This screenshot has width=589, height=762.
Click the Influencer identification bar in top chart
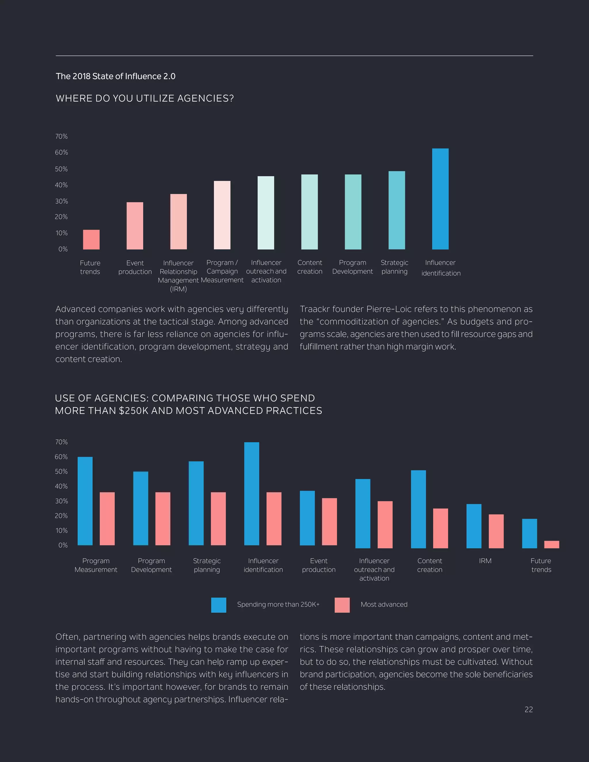coord(440,199)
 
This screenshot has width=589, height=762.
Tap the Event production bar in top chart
coord(135,226)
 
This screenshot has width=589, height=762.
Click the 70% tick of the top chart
coord(62,136)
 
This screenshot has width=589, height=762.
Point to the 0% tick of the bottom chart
coord(63,545)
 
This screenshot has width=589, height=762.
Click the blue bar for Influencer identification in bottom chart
coord(252,493)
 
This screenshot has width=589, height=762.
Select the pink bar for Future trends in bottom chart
coord(551,544)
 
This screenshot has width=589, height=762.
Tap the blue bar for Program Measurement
coord(85,501)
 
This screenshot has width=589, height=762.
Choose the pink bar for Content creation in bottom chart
coord(440,528)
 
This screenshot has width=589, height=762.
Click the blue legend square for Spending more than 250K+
coord(219,605)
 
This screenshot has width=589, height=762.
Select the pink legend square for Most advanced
coord(342,605)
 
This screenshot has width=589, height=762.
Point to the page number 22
coord(528,709)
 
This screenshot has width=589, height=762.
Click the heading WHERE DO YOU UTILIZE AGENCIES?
coord(144,98)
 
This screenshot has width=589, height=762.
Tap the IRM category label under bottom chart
coord(485,561)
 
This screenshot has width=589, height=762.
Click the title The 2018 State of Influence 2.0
coord(116,76)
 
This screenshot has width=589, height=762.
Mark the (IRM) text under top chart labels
coord(178,289)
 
